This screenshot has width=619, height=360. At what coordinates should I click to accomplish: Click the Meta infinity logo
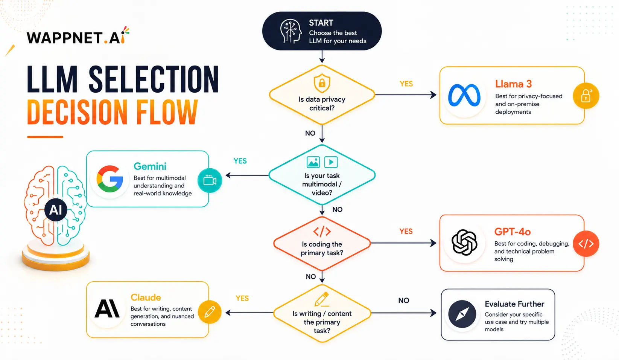pos(464,95)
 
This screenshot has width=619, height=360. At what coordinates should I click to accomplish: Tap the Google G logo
pos(110,179)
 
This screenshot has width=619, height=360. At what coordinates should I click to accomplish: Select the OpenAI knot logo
pos(464,243)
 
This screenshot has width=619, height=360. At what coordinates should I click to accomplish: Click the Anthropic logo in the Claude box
pos(107,308)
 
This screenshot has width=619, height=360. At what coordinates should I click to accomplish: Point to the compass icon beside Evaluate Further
pos(462,314)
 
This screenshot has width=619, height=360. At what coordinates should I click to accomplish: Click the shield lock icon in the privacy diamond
pos(322,83)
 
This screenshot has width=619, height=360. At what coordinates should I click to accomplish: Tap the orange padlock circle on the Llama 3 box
pos(586,96)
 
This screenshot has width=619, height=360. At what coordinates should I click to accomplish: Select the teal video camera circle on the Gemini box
pos(210,180)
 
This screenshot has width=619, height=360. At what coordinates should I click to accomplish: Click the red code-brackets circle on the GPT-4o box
pos(586,244)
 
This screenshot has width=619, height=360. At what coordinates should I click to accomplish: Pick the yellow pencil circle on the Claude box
pos(210,312)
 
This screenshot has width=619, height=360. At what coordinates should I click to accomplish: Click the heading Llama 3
pos(513,84)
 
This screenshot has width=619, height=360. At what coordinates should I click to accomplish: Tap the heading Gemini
pos(150,166)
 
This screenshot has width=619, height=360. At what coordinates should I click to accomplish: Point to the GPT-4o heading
pos(513,232)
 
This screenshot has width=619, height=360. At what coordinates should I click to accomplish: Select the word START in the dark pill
pos(321,23)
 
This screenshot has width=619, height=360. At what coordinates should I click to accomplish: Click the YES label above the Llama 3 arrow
pos(406,84)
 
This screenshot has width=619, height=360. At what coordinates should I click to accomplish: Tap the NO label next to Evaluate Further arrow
pos(404,301)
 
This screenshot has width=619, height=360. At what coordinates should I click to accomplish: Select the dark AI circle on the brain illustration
pos(56,210)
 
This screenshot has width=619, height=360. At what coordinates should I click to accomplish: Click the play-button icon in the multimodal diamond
pos(331,162)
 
